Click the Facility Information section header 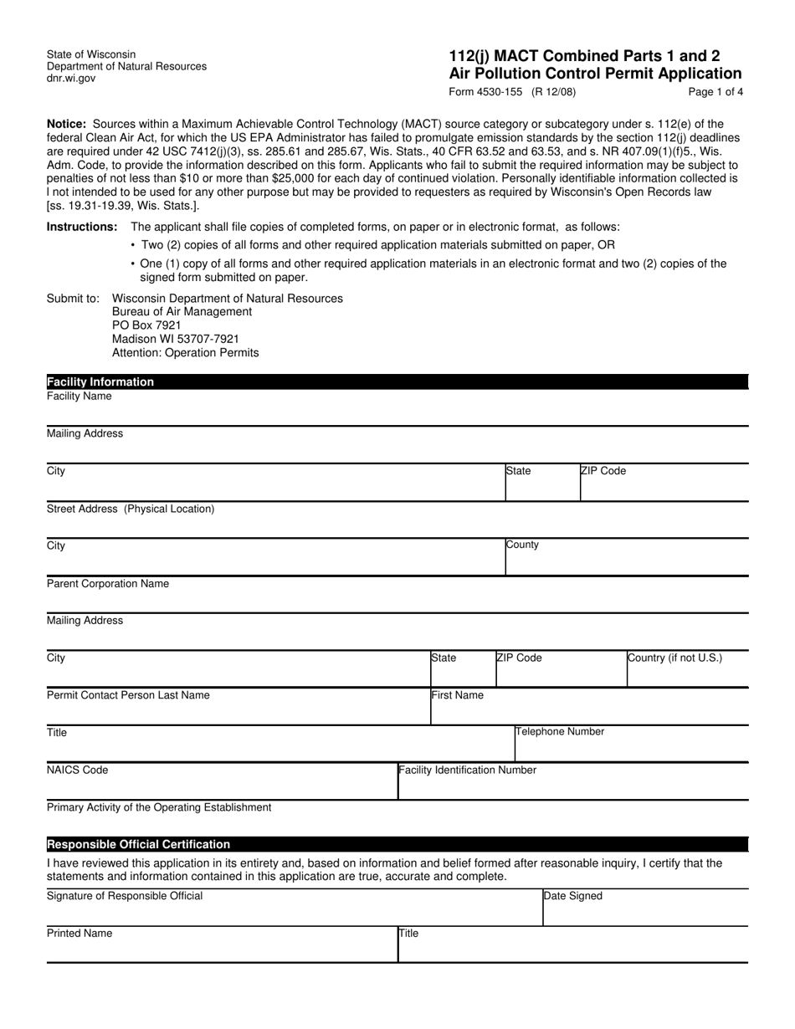(x=100, y=381)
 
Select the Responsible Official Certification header (x=138, y=844)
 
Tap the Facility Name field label (x=79, y=396)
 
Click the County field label (x=523, y=545)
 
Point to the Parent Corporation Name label (x=107, y=583)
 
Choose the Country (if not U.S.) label (x=675, y=658)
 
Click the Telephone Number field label (x=560, y=731)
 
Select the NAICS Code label (x=77, y=770)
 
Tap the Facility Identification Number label (x=468, y=770)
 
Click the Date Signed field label (x=573, y=896)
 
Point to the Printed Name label (x=79, y=933)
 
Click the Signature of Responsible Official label (x=125, y=896)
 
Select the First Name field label (x=458, y=694)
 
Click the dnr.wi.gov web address (x=71, y=78)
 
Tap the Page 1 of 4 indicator (x=715, y=92)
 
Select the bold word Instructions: (x=82, y=227)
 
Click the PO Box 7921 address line (x=146, y=325)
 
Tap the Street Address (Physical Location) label (x=131, y=509)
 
